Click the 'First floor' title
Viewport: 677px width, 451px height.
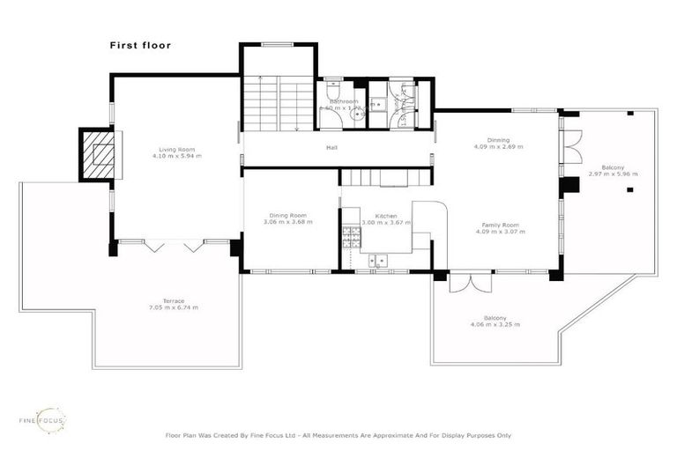(x=140, y=45)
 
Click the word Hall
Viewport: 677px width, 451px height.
(x=331, y=147)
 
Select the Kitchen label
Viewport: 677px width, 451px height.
(x=386, y=215)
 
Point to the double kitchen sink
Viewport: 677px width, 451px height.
(x=379, y=260)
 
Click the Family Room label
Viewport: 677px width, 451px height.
(x=499, y=225)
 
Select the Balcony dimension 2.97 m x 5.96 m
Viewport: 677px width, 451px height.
(x=613, y=174)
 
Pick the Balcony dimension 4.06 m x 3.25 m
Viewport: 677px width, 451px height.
(x=495, y=325)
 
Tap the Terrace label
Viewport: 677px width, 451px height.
(x=174, y=300)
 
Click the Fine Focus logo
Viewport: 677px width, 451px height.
(x=42, y=420)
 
